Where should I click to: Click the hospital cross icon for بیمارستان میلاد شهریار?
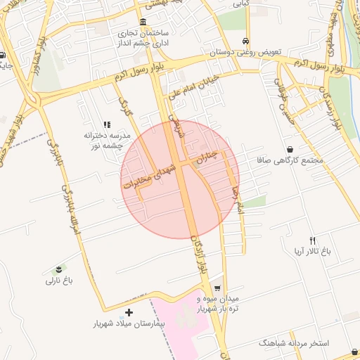[x=129, y=312]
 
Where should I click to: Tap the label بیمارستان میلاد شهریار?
[x=128, y=324]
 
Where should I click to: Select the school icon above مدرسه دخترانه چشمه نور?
[x=107, y=124]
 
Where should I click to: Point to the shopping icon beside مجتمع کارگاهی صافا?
[x=290, y=149]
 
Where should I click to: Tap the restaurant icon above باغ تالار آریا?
[x=312, y=240]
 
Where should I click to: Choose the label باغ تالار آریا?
[x=311, y=251]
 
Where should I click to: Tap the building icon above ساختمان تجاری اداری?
[x=143, y=21]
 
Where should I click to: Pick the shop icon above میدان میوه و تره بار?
[x=217, y=288]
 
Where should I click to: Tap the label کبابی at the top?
[x=262, y=3]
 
